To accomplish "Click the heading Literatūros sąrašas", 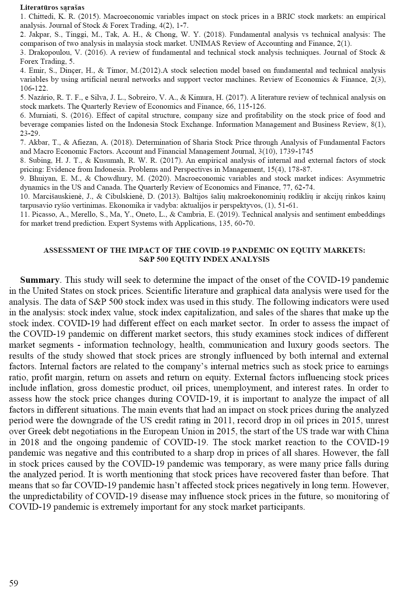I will [52, 7].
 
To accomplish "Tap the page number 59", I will [13, 584].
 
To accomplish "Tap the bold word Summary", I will [39, 280].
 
